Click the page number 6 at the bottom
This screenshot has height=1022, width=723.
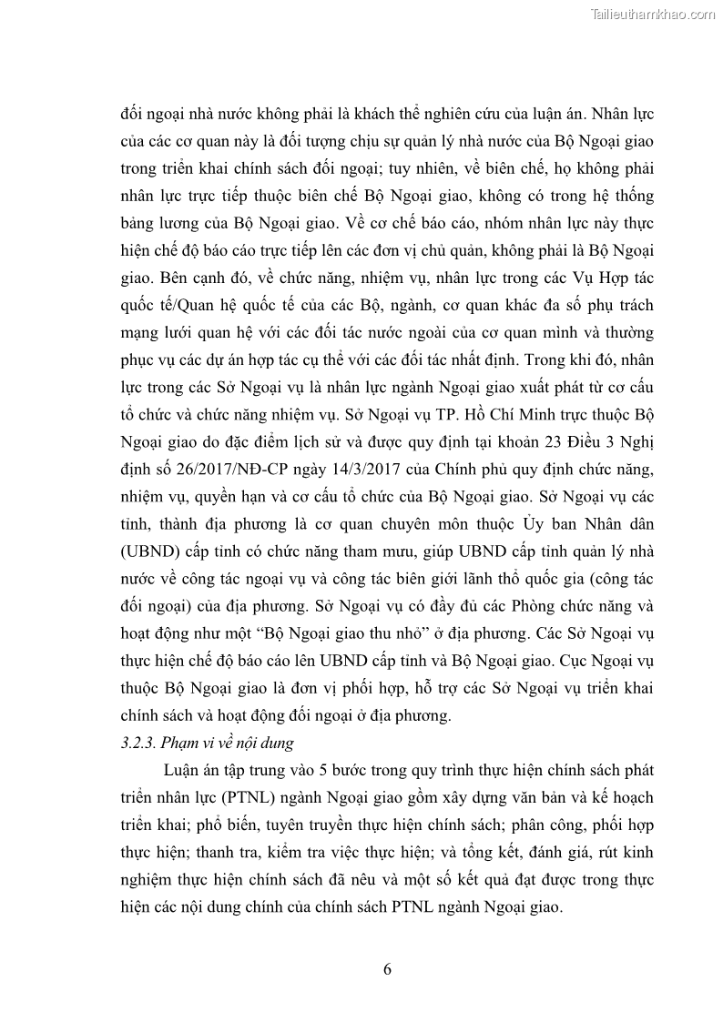click(x=388, y=968)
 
